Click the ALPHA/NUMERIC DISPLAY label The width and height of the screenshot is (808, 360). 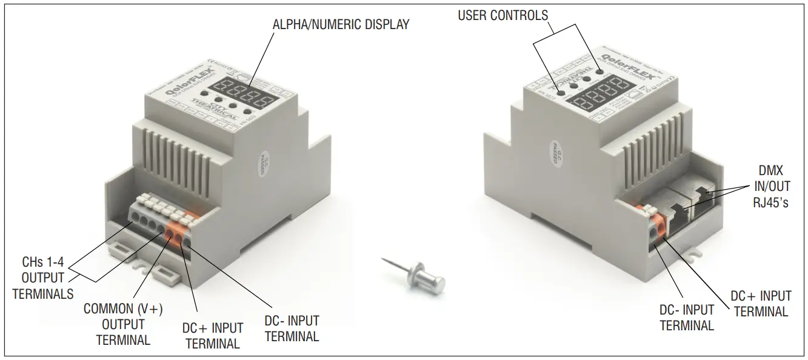point(341,25)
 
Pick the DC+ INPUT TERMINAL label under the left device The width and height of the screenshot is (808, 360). point(213,336)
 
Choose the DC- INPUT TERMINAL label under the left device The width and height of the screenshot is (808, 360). point(292,328)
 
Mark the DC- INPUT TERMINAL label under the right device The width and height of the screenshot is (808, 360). point(686,317)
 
